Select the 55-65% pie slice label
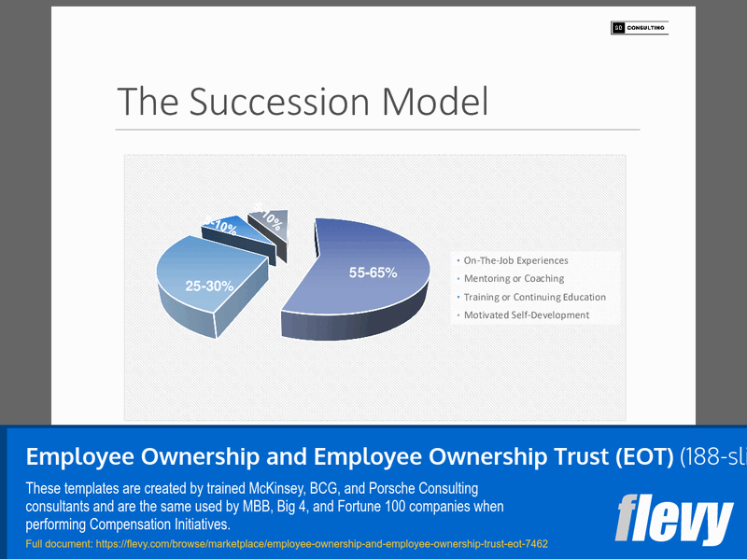click(373, 273)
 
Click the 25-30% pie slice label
click(209, 286)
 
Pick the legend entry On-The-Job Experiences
click(515, 260)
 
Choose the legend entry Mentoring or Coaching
click(514, 278)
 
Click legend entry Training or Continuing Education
click(534, 297)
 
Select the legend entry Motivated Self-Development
click(526, 314)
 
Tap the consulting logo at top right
click(639, 28)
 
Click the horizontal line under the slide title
click(377, 129)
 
